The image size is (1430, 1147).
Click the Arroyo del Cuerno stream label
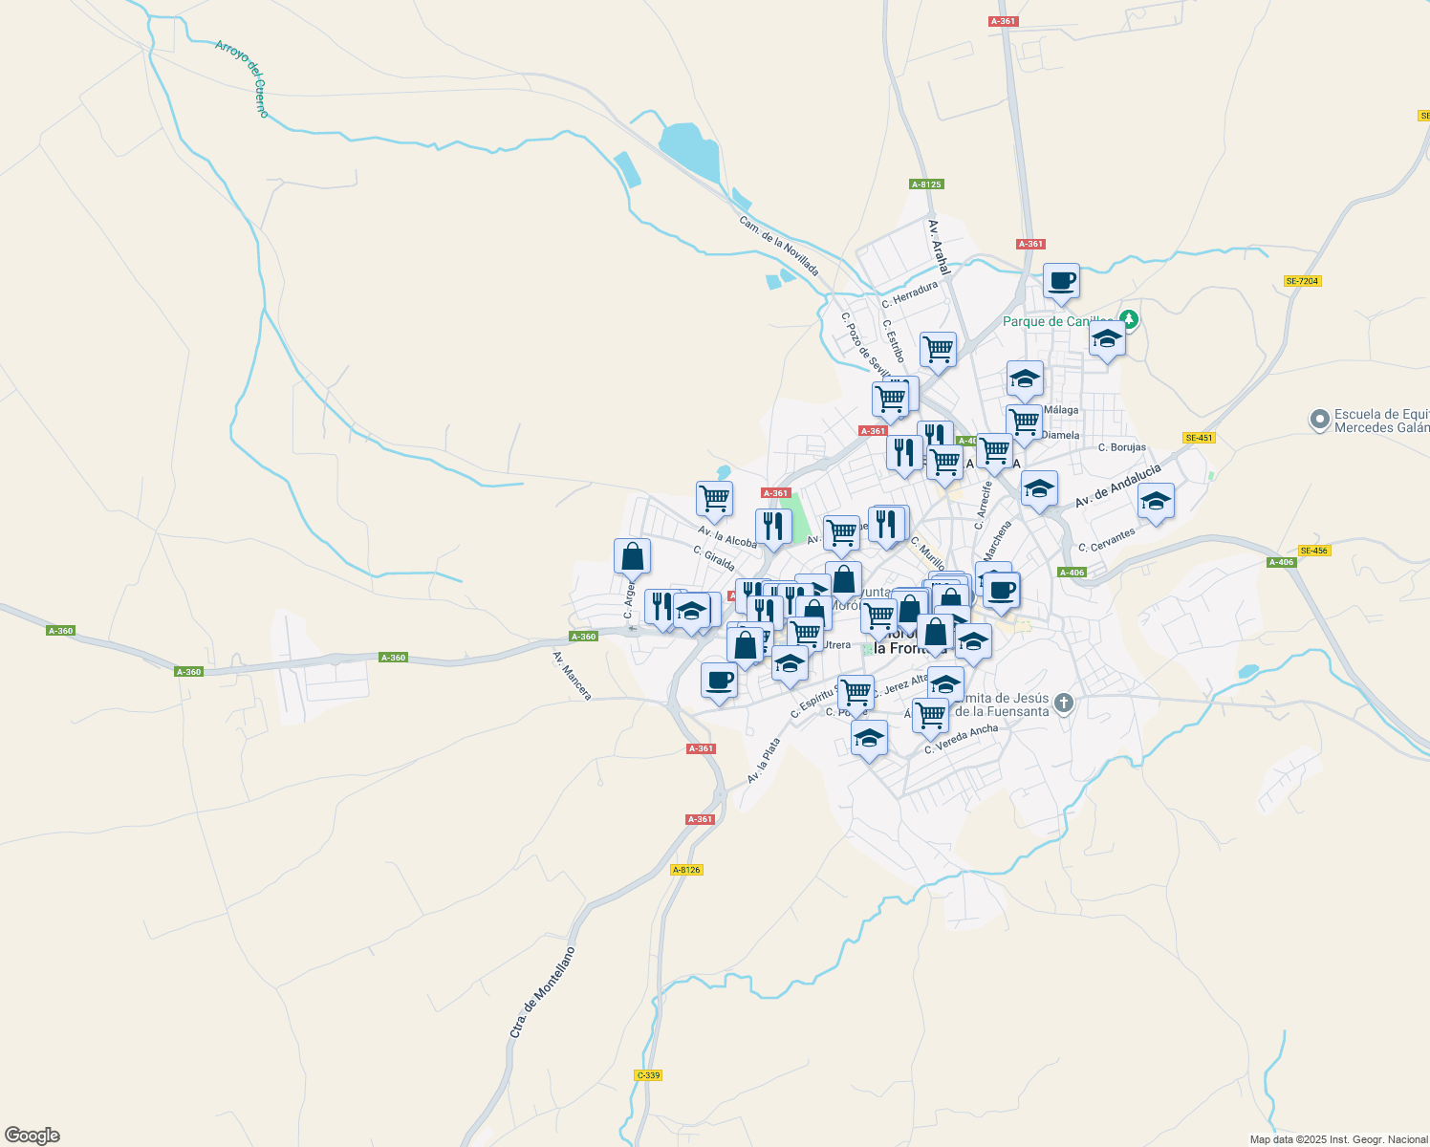[x=243, y=78]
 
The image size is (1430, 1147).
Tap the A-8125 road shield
[x=926, y=184]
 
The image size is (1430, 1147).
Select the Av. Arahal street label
[x=938, y=247]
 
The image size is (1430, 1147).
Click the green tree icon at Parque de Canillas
[x=1130, y=318]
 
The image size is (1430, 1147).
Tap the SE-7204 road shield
[x=1303, y=281]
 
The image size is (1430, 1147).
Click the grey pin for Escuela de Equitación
[x=1320, y=420]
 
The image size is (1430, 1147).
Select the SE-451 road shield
[x=1199, y=438]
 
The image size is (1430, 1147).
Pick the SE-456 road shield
[x=1314, y=551]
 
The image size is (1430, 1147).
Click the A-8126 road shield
[x=686, y=870]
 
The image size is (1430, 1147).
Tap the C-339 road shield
[x=648, y=1075]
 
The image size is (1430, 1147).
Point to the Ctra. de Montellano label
[x=543, y=992]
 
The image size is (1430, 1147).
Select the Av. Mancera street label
[x=573, y=675]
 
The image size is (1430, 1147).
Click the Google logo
[x=32, y=1136]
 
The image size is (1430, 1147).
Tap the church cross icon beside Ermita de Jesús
[x=1063, y=704]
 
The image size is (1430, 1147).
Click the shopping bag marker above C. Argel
[x=632, y=555]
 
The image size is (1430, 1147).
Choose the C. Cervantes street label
[x=1107, y=540]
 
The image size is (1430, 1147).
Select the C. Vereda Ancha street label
[x=962, y=739]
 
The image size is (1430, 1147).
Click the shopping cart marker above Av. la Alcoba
[x=714, y=498]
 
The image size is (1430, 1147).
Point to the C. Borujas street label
[x=1122, y=447]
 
